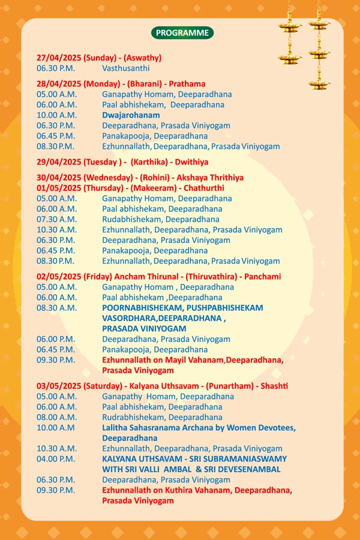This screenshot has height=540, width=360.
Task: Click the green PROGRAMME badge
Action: pos(182,33)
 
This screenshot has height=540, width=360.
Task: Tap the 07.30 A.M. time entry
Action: pos(56,219)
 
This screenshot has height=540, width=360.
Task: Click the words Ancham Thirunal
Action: pos(134,277)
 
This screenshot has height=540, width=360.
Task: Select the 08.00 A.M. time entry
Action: pos(56,417)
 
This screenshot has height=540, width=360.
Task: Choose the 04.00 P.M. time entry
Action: pos(55,458)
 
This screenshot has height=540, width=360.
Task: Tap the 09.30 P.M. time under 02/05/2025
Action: pos(55,359)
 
